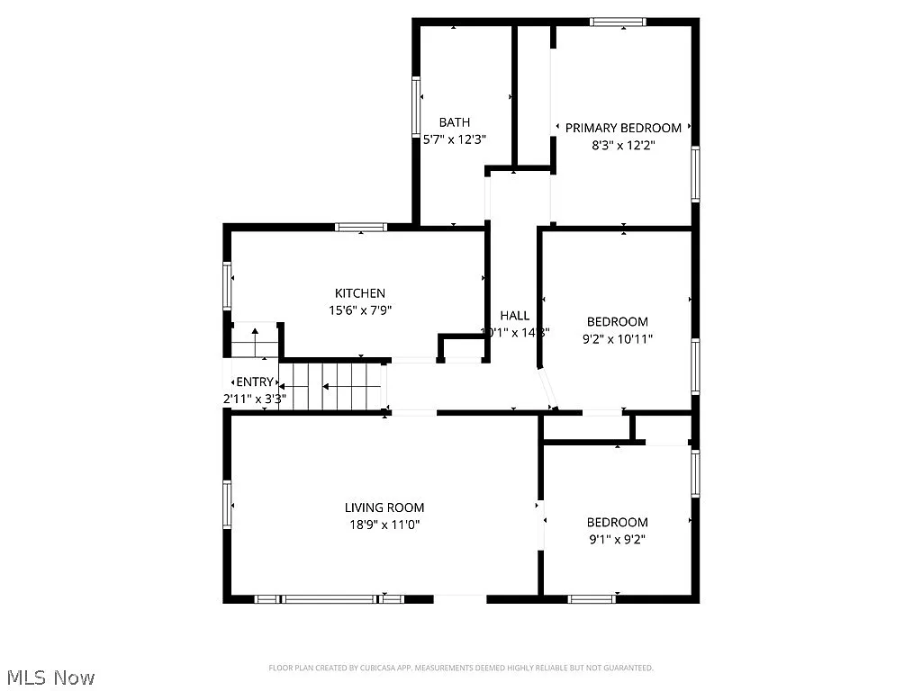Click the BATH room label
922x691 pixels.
455,122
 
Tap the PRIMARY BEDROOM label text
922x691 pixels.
623,128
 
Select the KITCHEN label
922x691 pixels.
360,293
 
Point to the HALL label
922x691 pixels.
515,315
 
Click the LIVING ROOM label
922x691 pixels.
384,507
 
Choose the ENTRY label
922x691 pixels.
255,381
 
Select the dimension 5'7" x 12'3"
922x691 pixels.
455,139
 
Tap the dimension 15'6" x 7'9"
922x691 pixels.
360,310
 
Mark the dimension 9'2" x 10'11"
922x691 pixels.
618,339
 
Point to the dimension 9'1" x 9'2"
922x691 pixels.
617,540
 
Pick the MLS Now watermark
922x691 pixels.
50,678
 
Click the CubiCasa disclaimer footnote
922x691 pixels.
461,668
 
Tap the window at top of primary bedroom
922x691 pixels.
619,22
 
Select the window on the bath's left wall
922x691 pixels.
417,106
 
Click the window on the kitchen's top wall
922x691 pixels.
361,227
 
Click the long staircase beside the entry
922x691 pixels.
332,387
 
